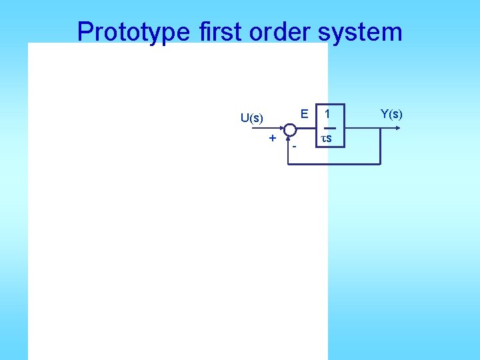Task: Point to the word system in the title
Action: tap(363, 31)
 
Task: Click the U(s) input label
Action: tap(252, 118)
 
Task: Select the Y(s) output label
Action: tap(391, 114)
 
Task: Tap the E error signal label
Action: tap(304, 114)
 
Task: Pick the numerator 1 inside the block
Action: tap(327, 114)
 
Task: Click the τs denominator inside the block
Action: tap(327, 139)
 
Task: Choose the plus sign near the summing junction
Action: tap(272, 137)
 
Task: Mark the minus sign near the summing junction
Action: tap(293, 145)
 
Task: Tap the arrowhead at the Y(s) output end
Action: tap(398, 128)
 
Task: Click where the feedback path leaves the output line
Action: tap(380, 129)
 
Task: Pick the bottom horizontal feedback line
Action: tap(333, 163)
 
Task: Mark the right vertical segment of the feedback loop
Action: tap(380, 147)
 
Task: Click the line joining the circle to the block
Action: tap(305, 129)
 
